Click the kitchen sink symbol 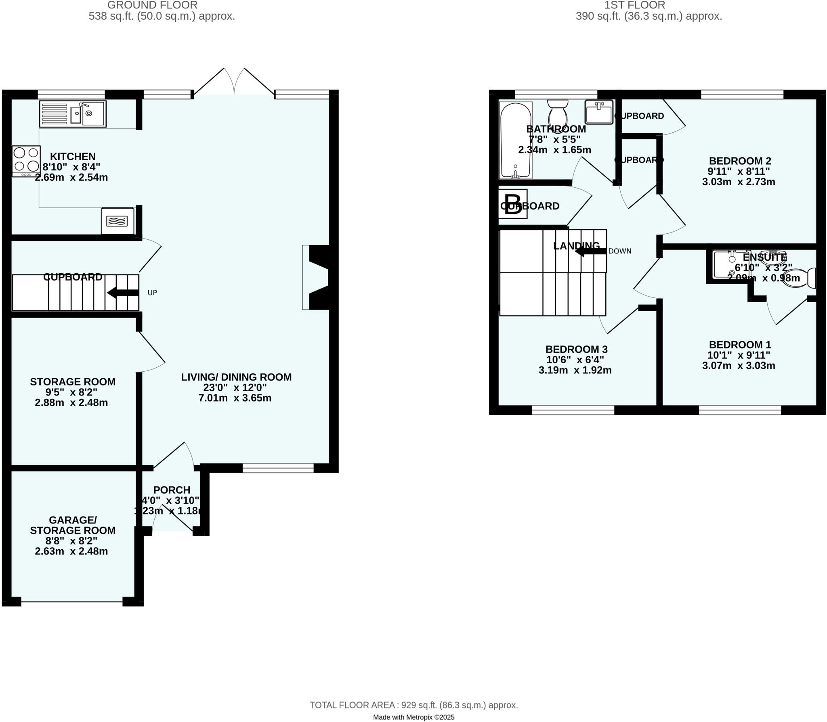[73, 114]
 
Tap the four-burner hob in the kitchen [26, 160]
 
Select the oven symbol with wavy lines [117, 221]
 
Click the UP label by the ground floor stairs [152, 293]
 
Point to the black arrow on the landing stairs [590, 251]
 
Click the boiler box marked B [513, 204]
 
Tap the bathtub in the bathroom [516, 140]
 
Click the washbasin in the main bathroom [599, 113]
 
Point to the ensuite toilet [800, 278]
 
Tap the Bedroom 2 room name [740, 161]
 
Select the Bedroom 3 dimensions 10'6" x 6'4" [575, 360]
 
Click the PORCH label [172, 490]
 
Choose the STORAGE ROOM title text [73, 382]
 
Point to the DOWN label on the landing [619, 251]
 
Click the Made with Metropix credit [413, 717]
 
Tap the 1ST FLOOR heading [634, 5]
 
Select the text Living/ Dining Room [236, 377]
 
